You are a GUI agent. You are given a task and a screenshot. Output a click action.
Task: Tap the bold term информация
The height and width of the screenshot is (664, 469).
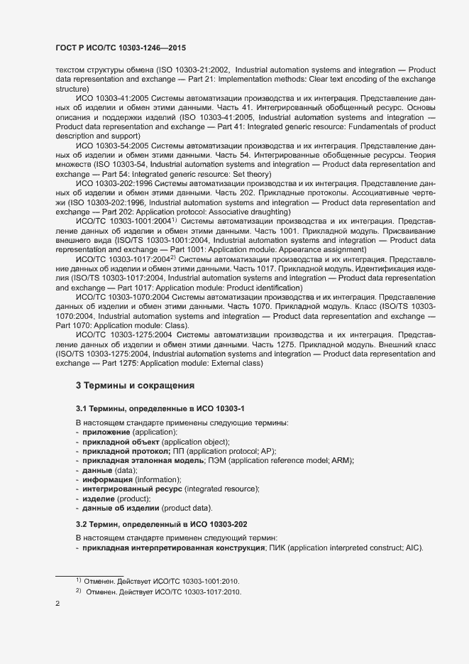tap(108, 480)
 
